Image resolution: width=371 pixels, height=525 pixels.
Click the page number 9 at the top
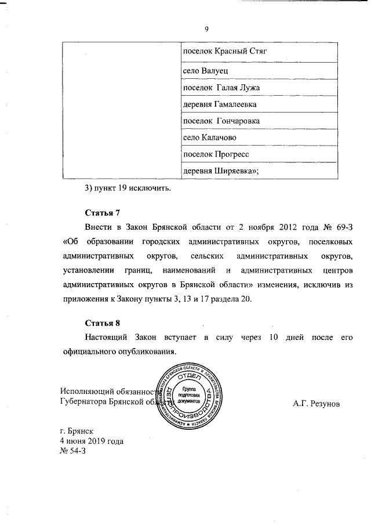point(207,30)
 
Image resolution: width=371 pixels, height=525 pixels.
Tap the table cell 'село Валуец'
point(201,70)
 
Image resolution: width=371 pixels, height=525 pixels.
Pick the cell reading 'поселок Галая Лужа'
point(221,87)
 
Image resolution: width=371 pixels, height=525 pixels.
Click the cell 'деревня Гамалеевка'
point(219,104)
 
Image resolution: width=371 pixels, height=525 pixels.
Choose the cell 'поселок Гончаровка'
point(221,121)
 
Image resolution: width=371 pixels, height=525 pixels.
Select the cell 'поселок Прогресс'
point(216,155)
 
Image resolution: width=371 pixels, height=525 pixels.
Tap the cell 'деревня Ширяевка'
point(220,171)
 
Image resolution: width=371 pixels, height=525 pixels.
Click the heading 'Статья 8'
point(102,323)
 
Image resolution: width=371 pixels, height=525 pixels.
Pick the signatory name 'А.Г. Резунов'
point(317,402)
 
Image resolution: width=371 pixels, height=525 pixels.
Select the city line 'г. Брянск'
point(79,432)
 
